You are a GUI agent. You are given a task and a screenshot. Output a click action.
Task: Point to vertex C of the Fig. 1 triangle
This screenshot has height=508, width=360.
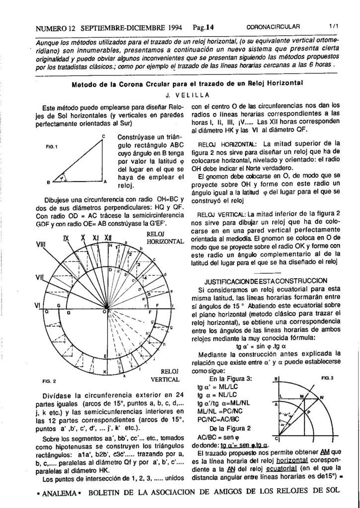point(104,136)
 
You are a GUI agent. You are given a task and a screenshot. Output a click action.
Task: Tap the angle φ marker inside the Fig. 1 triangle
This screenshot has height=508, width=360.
point(62,177)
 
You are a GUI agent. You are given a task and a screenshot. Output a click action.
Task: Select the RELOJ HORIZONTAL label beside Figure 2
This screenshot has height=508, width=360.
point(166,237)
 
